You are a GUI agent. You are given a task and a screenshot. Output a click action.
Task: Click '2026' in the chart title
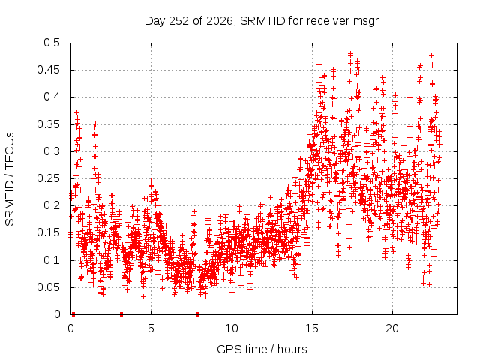[x=220, y=21]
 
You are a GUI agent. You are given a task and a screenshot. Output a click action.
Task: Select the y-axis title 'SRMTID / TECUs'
[x=10, y=179]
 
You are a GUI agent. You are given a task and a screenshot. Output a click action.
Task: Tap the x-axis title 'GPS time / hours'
[x=262, y=349]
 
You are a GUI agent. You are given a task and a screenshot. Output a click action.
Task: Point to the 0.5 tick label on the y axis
[x=52, y=43]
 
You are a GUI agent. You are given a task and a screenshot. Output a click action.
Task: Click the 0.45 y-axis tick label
[x=48, y=70]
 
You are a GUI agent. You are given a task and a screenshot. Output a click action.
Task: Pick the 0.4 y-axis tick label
[x=52, y=97]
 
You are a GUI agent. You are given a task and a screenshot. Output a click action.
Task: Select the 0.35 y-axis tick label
[x=48, y=124]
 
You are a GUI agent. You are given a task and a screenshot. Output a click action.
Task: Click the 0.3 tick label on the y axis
[x=52, y=151]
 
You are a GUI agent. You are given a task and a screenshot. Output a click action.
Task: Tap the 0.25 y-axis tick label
[x=48, y=178]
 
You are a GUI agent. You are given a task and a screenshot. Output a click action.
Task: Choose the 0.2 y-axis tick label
[x=52, y=205]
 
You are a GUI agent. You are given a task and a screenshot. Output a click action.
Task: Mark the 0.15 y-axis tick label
[x=48, y=232]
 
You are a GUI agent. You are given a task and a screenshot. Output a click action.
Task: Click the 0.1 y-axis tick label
[x=52, y=260]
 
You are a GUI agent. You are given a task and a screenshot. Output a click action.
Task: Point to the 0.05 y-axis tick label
[x=48, y=287]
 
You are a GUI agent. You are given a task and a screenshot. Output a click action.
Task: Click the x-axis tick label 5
[x=151, y=328]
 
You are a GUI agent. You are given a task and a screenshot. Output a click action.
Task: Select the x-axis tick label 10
[x=232, y=328]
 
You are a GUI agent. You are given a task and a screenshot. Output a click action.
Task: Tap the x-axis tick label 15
[x=312, y=328]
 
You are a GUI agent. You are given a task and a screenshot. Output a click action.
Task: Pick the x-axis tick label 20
[x=392, y=328]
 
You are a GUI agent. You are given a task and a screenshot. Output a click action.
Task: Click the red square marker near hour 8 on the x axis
[x=197, y=314]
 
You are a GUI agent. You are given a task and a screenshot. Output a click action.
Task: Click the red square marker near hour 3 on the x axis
[x=121, y=314]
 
